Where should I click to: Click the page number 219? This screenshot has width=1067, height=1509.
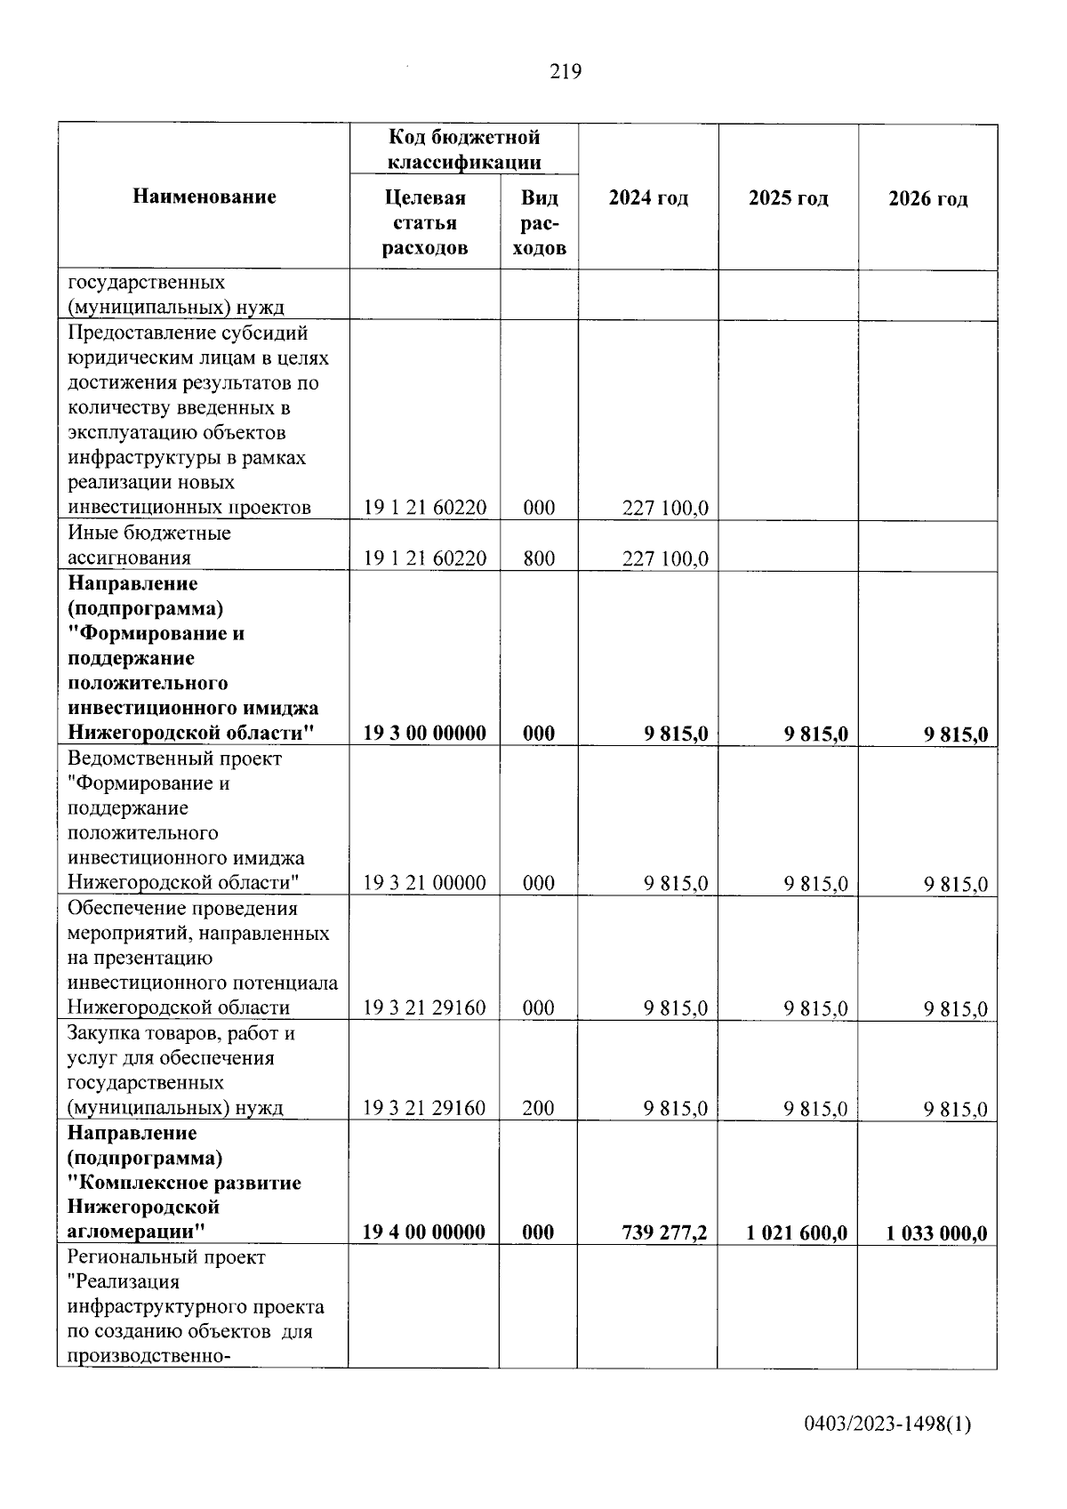566,72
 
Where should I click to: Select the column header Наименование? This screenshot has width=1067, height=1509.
205,197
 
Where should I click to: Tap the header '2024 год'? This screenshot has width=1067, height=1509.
648,197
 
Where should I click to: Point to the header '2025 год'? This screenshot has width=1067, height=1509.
788,197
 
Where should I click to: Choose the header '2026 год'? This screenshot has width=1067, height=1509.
927,198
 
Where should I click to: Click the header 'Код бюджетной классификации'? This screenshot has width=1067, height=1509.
464,149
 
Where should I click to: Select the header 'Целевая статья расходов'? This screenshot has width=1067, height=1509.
425,222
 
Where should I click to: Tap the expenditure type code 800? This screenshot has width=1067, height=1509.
539,558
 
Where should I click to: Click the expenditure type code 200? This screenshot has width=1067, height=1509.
539,1108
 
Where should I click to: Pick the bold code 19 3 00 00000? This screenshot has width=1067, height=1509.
425,733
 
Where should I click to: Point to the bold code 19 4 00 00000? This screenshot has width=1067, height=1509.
424,1232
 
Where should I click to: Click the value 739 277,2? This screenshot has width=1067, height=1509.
665,1232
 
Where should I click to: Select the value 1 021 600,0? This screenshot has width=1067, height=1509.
797,1232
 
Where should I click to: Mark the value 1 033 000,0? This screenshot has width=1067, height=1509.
936,1233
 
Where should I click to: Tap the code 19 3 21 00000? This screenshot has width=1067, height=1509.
425,883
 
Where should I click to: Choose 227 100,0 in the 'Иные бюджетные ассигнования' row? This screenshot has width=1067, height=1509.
665,559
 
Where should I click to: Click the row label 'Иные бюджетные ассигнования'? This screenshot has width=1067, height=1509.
149,545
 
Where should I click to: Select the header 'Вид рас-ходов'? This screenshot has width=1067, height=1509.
539,222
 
